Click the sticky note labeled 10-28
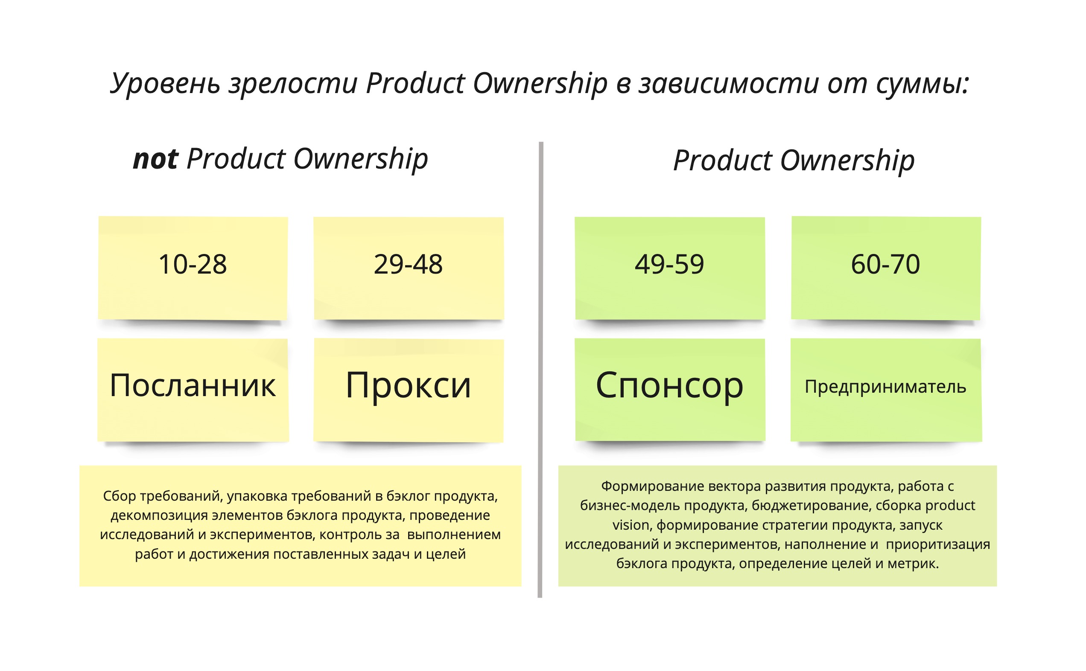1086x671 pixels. coord(193,268)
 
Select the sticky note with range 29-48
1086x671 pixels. coord(409,268)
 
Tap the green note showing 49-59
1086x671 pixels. coord(670,268)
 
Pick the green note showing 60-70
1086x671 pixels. coord(886,268)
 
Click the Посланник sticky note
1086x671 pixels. coord(193,390)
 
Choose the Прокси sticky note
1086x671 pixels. coord(409,390)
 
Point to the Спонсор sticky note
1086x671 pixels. coord(670,390)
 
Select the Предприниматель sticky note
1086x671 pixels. coord(886,390)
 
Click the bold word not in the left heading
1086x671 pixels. coord(156,159)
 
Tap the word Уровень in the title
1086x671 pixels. coord(165,83)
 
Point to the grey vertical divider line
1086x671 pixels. coord(540,370)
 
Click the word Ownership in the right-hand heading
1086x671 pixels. coord(847,160)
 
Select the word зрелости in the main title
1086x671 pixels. coord(293,83)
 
